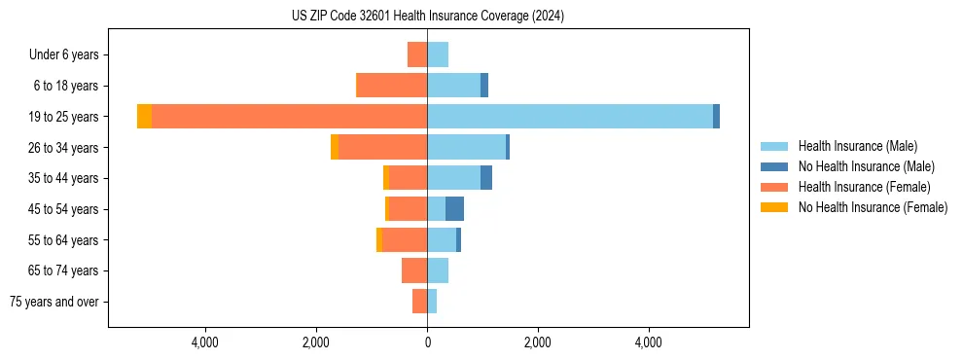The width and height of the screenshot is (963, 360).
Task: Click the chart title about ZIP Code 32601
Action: click(x=427, y=17)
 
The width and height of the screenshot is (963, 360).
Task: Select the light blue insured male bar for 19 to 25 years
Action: click(x=570, y=117)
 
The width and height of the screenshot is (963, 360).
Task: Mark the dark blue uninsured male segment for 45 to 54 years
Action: click(x=454, y=209)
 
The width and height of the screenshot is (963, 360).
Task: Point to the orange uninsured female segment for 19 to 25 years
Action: click(x=144, y=117)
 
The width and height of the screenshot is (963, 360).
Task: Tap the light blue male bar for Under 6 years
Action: click(x=438, y=54)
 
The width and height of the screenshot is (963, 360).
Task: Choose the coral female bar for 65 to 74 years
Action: click(x=414, y=270)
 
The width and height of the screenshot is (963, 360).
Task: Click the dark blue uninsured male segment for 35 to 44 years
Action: click(x=486, y=178)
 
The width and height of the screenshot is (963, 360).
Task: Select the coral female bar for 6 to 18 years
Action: click(x=392, y=86)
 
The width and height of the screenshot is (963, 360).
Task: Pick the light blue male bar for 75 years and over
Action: click(x=432, y=302)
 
